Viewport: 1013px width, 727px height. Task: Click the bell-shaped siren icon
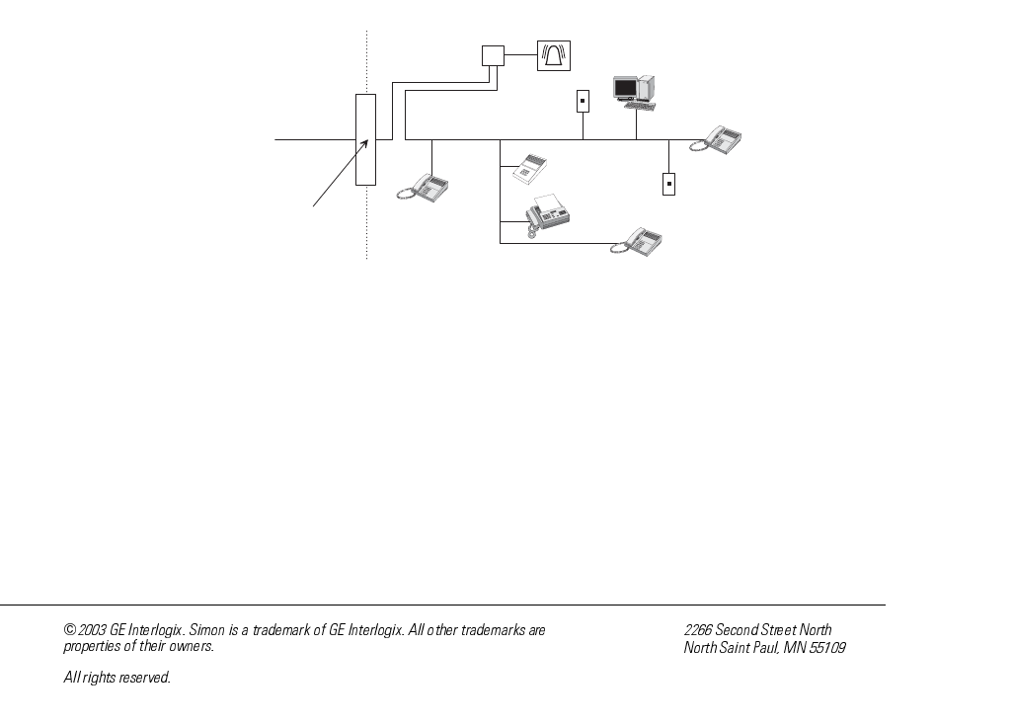(x=553, y=55)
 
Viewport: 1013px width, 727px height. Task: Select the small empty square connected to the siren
(x=493, y=55)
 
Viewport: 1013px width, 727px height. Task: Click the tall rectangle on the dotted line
(x=365, y=139)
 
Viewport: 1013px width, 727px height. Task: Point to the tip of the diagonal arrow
(x=368, y=140)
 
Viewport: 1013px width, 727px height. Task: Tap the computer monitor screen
(x=625, y=88)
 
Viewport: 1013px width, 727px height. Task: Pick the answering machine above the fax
(x=527, y=169)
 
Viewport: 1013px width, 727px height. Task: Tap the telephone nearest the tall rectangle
(x=426, y=187)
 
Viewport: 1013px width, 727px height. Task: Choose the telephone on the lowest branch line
(x=638, y=242)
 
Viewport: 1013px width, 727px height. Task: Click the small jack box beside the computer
(x=583, y=101)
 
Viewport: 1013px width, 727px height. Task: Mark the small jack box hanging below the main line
(x=668, y=183)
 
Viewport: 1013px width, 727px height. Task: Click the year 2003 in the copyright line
(x=93, y=630)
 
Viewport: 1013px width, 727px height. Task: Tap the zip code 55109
(x=827, y=648)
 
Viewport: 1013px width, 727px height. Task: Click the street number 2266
(x=698, y=630)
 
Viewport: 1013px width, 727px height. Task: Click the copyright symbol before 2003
(x=69, y=630)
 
